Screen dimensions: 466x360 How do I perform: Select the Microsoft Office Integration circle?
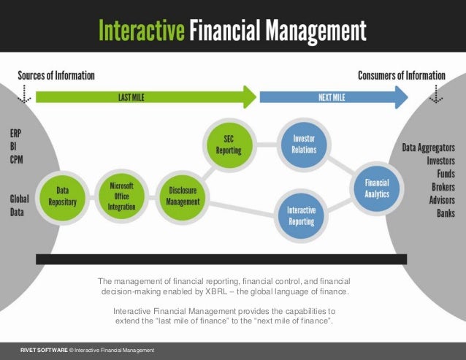coord(121,191)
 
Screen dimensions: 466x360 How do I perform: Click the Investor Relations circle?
coord(304,143)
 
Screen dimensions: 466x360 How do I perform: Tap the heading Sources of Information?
coord(56,75)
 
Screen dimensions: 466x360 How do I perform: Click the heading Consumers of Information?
coord(401,75)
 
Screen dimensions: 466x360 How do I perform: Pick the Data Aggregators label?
coord(429,148)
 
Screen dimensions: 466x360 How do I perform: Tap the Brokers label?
coord(440,187)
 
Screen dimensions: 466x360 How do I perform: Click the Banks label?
coord(445,213)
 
